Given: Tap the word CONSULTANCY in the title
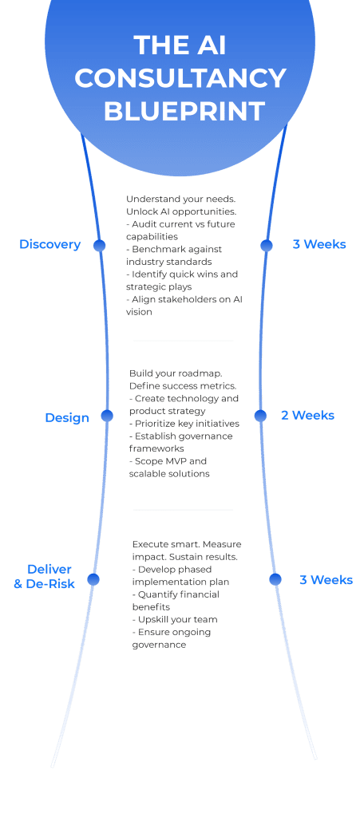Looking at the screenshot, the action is click(180, 78).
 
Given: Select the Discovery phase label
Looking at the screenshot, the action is click(50, 244).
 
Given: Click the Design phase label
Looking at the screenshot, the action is click(67, 418).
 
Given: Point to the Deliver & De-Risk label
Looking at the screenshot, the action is click(45, 577).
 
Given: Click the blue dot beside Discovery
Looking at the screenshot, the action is click(100, 246).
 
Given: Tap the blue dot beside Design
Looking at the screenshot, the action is click(107, 416).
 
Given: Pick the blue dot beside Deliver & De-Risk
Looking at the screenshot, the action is click(93, 579).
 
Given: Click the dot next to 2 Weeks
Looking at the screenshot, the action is click(260, 416).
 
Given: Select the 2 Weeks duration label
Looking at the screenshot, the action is click(308, 416).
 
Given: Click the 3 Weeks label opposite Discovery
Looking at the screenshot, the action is click(319, 244).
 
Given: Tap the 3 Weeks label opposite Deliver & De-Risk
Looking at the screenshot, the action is click(326, 580).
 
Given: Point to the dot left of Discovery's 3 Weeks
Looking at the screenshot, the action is click(267, 246).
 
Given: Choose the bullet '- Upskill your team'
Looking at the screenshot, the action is click(175, 619).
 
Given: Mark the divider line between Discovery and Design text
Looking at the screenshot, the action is click(183, 341).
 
